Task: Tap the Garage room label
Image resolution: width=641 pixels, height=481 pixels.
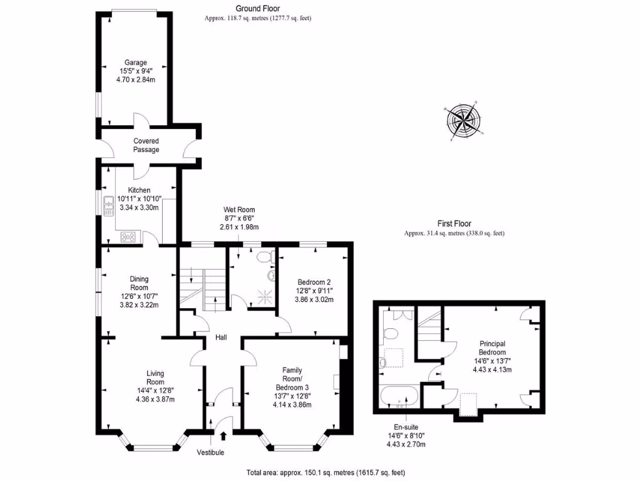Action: click(x=135, y=63)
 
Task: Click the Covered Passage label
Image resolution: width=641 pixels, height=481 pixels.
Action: click(x=146, y=145)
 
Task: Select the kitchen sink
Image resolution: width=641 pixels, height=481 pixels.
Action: click(x=109, y=204)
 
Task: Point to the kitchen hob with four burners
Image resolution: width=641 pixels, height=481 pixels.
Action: click(x=129, y=236)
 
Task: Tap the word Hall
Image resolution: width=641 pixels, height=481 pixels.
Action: click(x=221, y=338)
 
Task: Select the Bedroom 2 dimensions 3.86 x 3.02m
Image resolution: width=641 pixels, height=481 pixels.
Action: click(x=314, y=299)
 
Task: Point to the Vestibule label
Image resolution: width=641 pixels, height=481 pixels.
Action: click(x=210, y=452)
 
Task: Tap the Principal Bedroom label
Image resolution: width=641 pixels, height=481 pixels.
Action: click(x=492, y=348)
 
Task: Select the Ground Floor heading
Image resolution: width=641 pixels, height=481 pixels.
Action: click(x=257, y=8)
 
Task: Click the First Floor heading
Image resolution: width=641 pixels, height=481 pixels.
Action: click(x=454, y=224)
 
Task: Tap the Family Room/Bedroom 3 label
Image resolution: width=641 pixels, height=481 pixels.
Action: click(x=292, y=378)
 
